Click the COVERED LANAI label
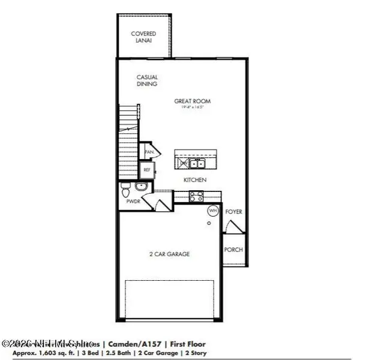click(x=143, y=37)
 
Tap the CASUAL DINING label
click(x=147, y=81)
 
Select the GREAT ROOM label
click(x=193, y=101)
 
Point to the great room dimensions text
click(x=193, y=108)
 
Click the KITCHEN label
click(x=196, y=180)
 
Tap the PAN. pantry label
click(x=149, y=152)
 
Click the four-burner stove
click(x=196, y=195)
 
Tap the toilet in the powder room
click(x=125, y=191)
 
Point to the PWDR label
click(x=133, y=203)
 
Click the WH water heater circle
click(x=213, y=211)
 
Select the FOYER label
click(x=233, y=212)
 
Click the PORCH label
click(x=233, y=250)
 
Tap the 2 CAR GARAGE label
click(x=169, y=254)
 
